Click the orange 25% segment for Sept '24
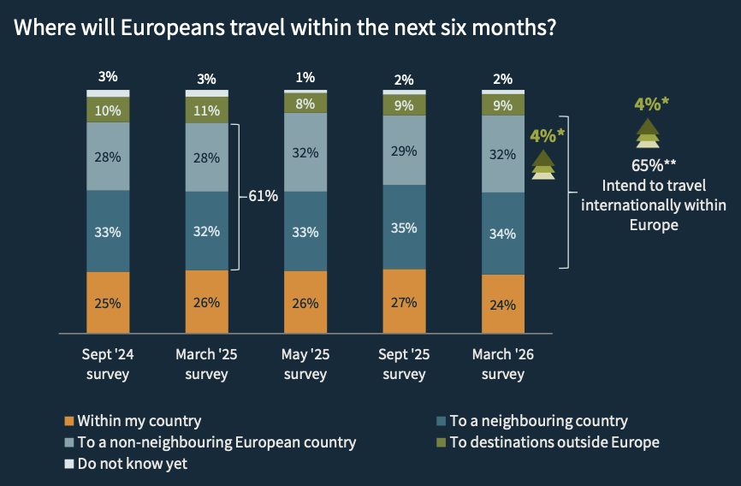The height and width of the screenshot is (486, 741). pyautogui.click(x=108, y=302)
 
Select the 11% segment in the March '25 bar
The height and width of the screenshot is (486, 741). pyautogui.click(x=207, y=110)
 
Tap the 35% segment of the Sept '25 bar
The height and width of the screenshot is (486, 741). pyautogui.click(x=405, y=228)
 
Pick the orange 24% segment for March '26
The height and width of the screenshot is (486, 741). pyautogui.click(x=503, y=304)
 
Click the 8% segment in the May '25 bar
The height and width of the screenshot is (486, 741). pyautogui.click(x=305, y=103)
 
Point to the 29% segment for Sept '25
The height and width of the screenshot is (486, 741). pyautogui.click(x=405, y=151)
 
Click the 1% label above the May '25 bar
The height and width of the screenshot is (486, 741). pyautogui.click(x=305, y=78)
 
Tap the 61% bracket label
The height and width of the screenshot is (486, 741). pyautogui.click(x=263, y=196)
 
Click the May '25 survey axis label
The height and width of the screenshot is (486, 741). pyautogui.click(x=305, y=364)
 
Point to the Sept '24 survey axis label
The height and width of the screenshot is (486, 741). pyautogui.click(x=108, y=364)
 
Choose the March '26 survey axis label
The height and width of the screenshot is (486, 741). pyautogui.click(x=503, y=364)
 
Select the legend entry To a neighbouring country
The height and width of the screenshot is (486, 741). pyautogui.click(x=538, y=421)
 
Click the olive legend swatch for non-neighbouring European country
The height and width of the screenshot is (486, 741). pyautogui.click(x=69, y=443)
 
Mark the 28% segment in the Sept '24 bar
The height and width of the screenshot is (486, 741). pyautogui.click(x=108, y=157)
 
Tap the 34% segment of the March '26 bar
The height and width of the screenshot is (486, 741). pyautogui.click(x=503, y=234)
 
